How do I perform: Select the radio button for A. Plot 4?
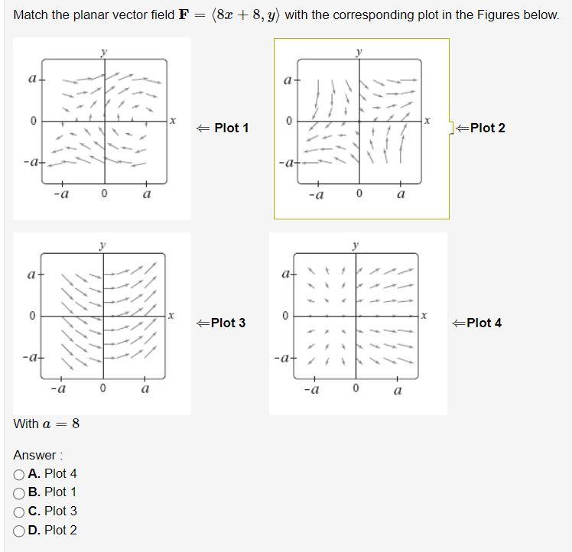[19, 474]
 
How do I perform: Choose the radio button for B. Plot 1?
[19, 492]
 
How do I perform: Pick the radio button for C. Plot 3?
[19, 511]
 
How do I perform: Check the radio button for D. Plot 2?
[19, 531]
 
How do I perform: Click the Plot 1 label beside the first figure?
[231, 128]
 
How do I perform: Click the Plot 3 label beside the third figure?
[228, 323]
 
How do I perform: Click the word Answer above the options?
[36, 456]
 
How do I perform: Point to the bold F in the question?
[184, 15]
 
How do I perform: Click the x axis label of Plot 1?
[173, 120]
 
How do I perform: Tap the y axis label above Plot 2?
[359, 51]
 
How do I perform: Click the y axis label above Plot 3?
[102, 245]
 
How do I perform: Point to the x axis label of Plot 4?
[424, 314]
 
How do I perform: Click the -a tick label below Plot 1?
[62, 194]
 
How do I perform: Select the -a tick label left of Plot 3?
[31, 357]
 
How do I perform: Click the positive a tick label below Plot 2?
[400, 195]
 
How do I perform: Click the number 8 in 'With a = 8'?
[76, 424]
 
